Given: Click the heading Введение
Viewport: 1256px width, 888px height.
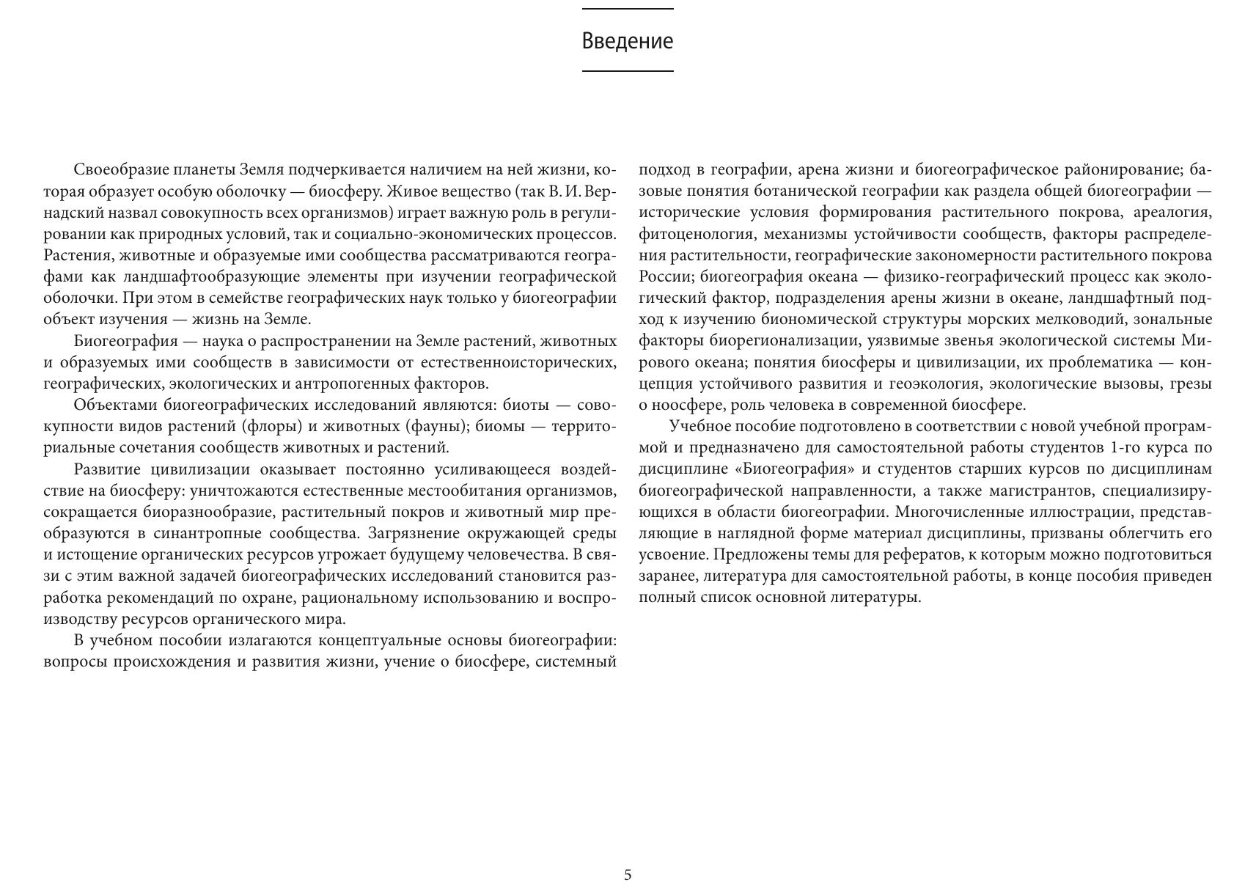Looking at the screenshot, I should point(627,41).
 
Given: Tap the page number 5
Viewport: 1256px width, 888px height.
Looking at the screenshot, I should point(628,875).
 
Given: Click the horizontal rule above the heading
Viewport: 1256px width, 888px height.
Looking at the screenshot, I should point(628,9).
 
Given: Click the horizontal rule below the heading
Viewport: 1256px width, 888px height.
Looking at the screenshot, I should point(628,71).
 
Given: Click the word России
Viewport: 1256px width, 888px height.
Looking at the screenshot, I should point(665,277).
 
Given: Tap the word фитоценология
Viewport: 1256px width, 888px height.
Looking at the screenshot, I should point(696,235).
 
